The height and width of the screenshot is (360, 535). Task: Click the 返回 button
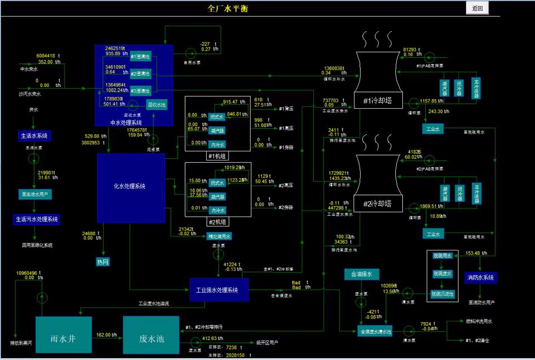477,8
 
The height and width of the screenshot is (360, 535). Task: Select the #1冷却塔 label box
378,101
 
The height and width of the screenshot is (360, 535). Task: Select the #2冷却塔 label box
378,203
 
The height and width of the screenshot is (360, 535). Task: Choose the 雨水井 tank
63,334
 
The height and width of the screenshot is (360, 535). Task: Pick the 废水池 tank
150,334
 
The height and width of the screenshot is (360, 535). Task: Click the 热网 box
103,261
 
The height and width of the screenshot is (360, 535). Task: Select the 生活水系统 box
33,135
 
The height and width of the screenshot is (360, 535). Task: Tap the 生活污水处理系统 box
37,220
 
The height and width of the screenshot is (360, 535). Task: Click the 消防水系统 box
480,278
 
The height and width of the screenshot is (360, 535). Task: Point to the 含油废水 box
361,274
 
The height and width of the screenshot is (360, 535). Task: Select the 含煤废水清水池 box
374,332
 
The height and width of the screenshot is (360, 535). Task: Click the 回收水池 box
156,104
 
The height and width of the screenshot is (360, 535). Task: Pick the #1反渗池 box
140,56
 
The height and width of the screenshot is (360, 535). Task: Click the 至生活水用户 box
36,194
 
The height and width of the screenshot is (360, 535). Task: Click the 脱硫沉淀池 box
443,293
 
